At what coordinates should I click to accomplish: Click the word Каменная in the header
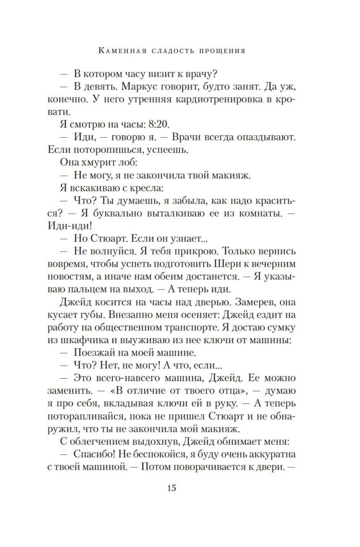[122, 50]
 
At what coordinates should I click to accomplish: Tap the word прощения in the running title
[223, 50]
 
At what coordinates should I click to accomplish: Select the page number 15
[172, 488]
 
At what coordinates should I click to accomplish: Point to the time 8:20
[159, 124]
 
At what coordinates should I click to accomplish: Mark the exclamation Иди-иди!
[70, 226]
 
